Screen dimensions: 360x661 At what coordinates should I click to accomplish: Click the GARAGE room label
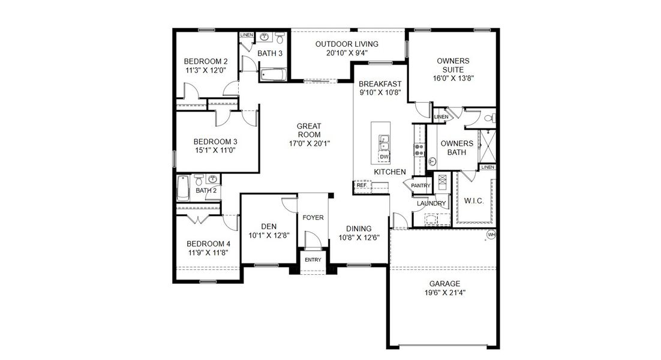(444, 284)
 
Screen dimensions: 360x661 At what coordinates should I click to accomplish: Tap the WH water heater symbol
(491, 235)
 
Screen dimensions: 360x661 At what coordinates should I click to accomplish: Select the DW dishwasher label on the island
(384, 157)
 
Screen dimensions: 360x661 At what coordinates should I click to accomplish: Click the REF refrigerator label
(361, 185)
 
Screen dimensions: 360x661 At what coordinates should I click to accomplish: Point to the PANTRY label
(421, 186)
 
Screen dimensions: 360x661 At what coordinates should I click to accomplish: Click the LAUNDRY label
(431, 203)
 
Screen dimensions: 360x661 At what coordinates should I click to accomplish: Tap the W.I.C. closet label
(474, 200)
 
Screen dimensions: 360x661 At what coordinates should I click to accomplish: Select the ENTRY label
(313, 260)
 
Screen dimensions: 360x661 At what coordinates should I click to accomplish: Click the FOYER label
(313, 217)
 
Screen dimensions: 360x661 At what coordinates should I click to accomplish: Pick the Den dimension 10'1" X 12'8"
(269, 236)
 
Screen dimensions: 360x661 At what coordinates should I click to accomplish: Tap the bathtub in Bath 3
(274, 75)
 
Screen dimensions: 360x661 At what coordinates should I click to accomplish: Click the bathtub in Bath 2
(183, 188)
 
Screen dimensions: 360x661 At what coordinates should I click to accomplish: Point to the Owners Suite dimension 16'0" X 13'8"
(453, 78)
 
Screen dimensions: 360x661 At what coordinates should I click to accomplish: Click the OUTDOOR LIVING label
(347, 44)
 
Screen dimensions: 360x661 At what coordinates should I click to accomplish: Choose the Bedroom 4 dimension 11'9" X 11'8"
(208, 253)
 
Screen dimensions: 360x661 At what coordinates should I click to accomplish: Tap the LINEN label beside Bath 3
(247, 35)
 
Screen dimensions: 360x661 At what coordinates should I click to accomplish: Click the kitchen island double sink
(383, 143)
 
